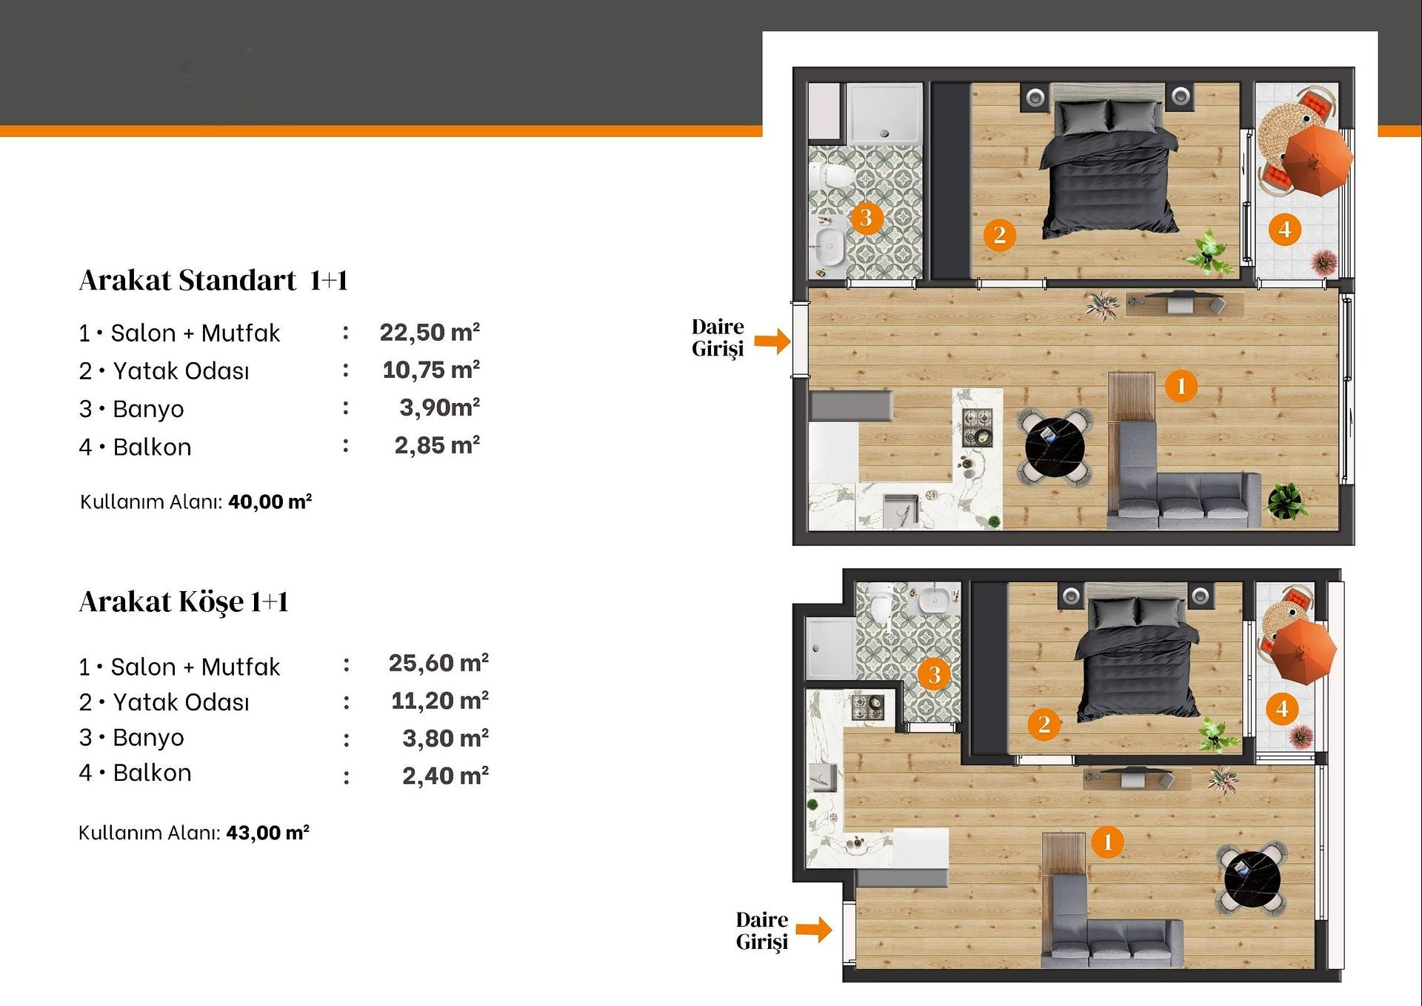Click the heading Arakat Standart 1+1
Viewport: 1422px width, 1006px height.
tap(213, 281)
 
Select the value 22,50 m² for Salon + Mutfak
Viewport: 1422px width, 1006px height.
tap(430, 332)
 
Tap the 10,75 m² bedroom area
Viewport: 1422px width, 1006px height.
tap(431, 369)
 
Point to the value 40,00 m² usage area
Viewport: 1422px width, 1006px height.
tap(270, 502)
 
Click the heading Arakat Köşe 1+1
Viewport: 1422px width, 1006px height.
tap(184, 602)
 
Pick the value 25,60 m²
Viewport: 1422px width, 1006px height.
tap(438, 662)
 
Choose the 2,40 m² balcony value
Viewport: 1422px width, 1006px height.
tap(445, 776)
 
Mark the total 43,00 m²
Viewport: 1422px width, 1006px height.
tap(267, 833)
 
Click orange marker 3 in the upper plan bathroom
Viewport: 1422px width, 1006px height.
tap(866, 218)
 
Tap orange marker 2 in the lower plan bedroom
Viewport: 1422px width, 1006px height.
tap(1044, 724)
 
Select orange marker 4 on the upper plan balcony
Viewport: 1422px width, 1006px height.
tap(1284, 230)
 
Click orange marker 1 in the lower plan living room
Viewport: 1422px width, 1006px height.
tap(1107, 842)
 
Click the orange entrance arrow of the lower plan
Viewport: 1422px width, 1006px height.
tap(815, 929)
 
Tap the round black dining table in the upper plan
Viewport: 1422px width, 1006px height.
tap(1055, 447)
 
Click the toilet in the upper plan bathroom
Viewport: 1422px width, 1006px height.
tap(832, 176)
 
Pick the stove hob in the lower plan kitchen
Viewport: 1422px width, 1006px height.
tap(867, 705)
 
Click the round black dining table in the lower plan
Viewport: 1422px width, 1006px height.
tap(1252, 879)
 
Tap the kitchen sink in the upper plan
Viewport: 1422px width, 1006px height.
tap(901, 510)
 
